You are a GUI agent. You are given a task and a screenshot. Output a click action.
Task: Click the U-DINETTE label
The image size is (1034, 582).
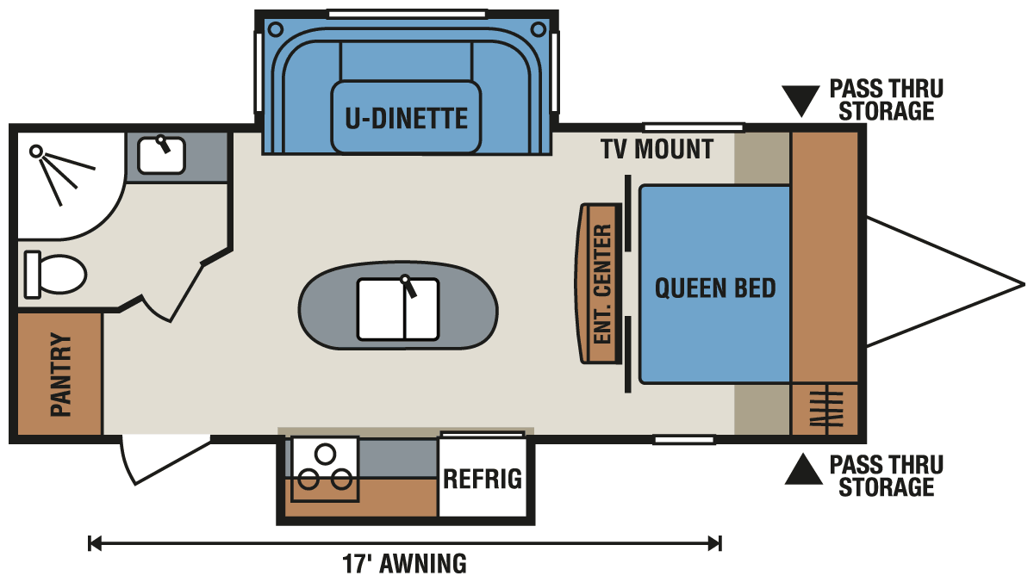406,119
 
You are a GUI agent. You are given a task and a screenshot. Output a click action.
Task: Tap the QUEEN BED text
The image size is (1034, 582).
715,288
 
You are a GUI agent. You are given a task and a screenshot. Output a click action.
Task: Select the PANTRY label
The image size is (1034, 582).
61,374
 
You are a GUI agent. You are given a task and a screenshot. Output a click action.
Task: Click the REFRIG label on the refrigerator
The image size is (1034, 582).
483,479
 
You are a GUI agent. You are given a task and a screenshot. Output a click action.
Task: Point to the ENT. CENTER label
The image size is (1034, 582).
602,283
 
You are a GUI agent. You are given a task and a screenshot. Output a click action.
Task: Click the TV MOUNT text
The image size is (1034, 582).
657,149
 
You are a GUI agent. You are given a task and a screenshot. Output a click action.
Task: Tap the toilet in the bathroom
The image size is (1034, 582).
55,275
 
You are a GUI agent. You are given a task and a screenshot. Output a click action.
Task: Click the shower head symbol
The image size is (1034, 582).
36,151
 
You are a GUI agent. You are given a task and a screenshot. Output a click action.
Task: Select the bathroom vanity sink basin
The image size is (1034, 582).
162,156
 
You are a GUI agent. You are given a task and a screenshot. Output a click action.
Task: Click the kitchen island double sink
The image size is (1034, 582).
398,309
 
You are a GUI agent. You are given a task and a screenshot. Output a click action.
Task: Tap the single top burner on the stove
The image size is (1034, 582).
325,455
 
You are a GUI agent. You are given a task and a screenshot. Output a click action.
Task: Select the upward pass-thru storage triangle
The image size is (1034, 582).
804,469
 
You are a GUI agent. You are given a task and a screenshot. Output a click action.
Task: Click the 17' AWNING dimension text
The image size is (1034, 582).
404,564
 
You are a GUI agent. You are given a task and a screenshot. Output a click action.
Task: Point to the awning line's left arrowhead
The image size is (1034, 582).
94,544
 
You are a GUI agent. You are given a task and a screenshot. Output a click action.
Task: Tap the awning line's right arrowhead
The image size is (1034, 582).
715,544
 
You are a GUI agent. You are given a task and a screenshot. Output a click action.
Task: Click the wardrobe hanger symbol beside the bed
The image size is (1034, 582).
826,409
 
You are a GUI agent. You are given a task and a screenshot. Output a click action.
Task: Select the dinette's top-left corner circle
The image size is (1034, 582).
276,30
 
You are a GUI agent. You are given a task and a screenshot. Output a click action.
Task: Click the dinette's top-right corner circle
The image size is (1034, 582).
539,30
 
